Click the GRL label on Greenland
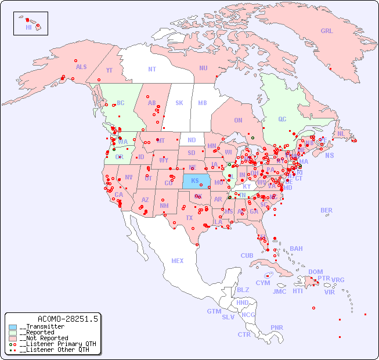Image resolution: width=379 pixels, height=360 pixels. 327,31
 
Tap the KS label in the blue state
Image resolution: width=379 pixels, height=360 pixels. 195,181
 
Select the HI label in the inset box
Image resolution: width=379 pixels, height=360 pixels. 28,27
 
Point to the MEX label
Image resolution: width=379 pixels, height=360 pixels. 178,261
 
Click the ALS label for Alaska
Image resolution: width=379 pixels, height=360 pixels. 81,67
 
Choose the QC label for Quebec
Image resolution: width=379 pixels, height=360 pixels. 282,119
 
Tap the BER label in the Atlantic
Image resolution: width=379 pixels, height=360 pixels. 327,210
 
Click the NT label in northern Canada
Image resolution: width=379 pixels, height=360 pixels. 152,69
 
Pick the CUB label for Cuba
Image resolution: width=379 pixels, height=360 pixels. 247,255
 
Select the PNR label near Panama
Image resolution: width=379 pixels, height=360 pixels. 277,327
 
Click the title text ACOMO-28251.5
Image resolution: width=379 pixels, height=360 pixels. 68,319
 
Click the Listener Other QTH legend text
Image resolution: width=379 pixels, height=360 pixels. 55,350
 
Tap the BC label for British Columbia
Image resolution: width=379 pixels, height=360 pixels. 121,103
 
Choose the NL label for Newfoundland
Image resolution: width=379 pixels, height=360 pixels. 341,133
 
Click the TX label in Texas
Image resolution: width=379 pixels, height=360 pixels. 189,218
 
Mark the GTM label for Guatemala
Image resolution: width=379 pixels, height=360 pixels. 214,311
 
